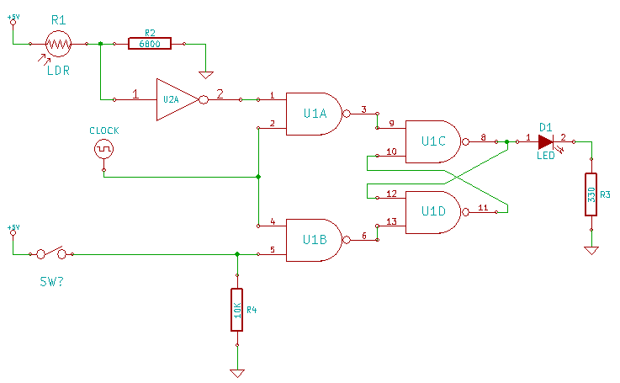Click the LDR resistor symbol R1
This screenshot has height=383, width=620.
point(59,44)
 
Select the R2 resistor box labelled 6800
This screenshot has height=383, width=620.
point(150,44)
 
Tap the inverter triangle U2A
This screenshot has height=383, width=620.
point(178,99)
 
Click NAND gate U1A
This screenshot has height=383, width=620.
point(315,114)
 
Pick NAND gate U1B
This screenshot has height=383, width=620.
point(315,240)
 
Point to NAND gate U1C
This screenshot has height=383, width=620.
point(433,141)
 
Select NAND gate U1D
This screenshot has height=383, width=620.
point(433,212)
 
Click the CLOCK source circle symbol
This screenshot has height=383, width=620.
point(103,149)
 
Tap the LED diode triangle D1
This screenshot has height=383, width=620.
point(546,141)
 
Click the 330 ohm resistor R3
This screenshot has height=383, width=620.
point(591,194)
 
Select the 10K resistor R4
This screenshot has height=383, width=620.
point(237,310)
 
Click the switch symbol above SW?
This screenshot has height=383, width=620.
point(51,253)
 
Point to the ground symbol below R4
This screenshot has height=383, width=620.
point(237,373)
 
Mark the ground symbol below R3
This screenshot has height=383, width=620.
point(591,251)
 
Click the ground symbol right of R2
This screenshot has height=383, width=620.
point(206,75)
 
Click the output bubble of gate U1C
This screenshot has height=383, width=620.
point(465,141)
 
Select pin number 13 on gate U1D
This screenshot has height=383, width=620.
point(391,221)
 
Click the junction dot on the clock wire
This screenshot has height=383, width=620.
point(258,177)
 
